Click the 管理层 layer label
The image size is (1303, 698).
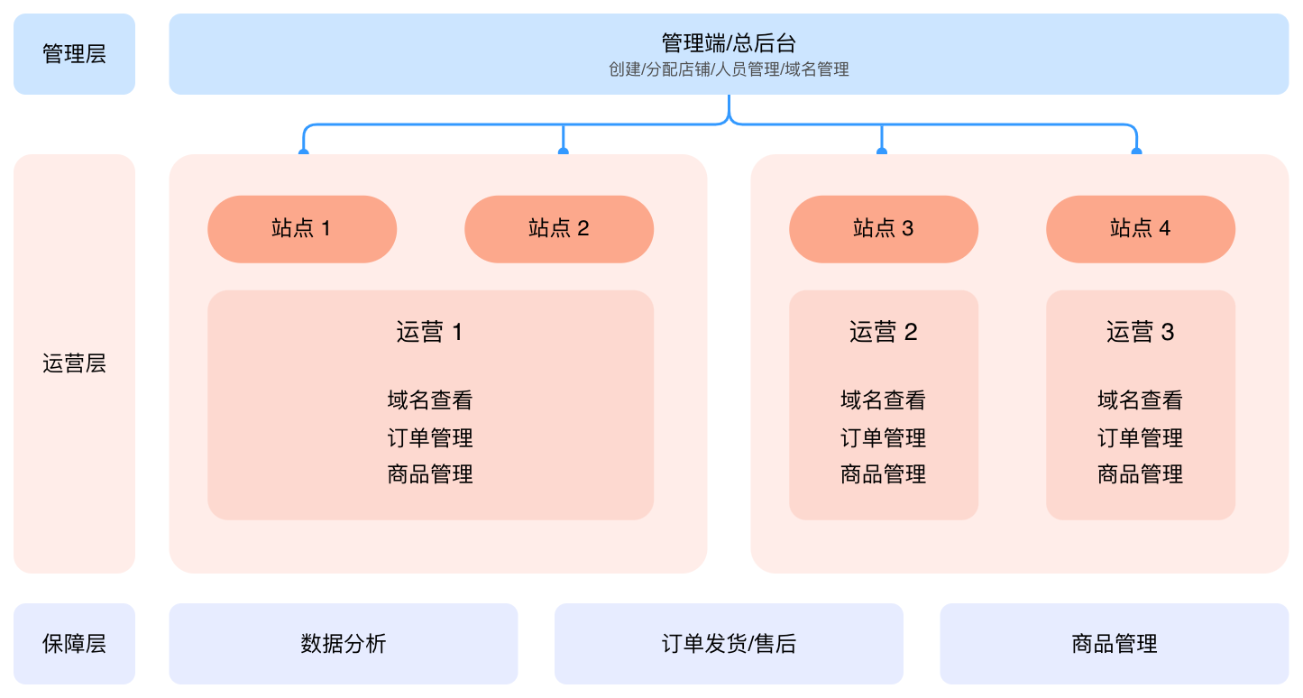(x=74, y=54)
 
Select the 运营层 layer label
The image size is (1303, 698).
(x=74, y=363)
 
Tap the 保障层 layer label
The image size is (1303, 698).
(x=74, y=644)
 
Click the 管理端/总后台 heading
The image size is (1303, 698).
(x=729, y=42)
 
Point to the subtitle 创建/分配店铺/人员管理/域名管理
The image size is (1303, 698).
(x=729, y=69)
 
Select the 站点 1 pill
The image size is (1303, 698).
(x=302, y=229)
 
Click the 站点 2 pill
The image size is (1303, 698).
(x=559, y=229)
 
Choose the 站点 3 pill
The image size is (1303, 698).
(x=884, y=229)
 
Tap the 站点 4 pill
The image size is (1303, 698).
(x=1141, y=229)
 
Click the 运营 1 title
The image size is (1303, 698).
(x=430, y=333)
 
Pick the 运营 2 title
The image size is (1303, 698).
(x=884, y=333)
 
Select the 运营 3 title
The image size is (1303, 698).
(x=1141, y=333)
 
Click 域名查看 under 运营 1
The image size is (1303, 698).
(x=430, y=400)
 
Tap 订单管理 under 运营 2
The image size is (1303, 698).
(x=884, y=438)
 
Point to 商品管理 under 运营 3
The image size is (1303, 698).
(x=1141, y=474)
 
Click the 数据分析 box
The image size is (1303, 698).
(x=344, y=644)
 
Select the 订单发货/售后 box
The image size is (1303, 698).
(x=729, y=644)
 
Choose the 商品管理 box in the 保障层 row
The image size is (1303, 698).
(x=1115, y=644)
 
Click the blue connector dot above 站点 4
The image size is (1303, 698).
(x=1136, y=152)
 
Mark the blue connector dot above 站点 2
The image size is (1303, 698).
(x=564, y=152)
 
